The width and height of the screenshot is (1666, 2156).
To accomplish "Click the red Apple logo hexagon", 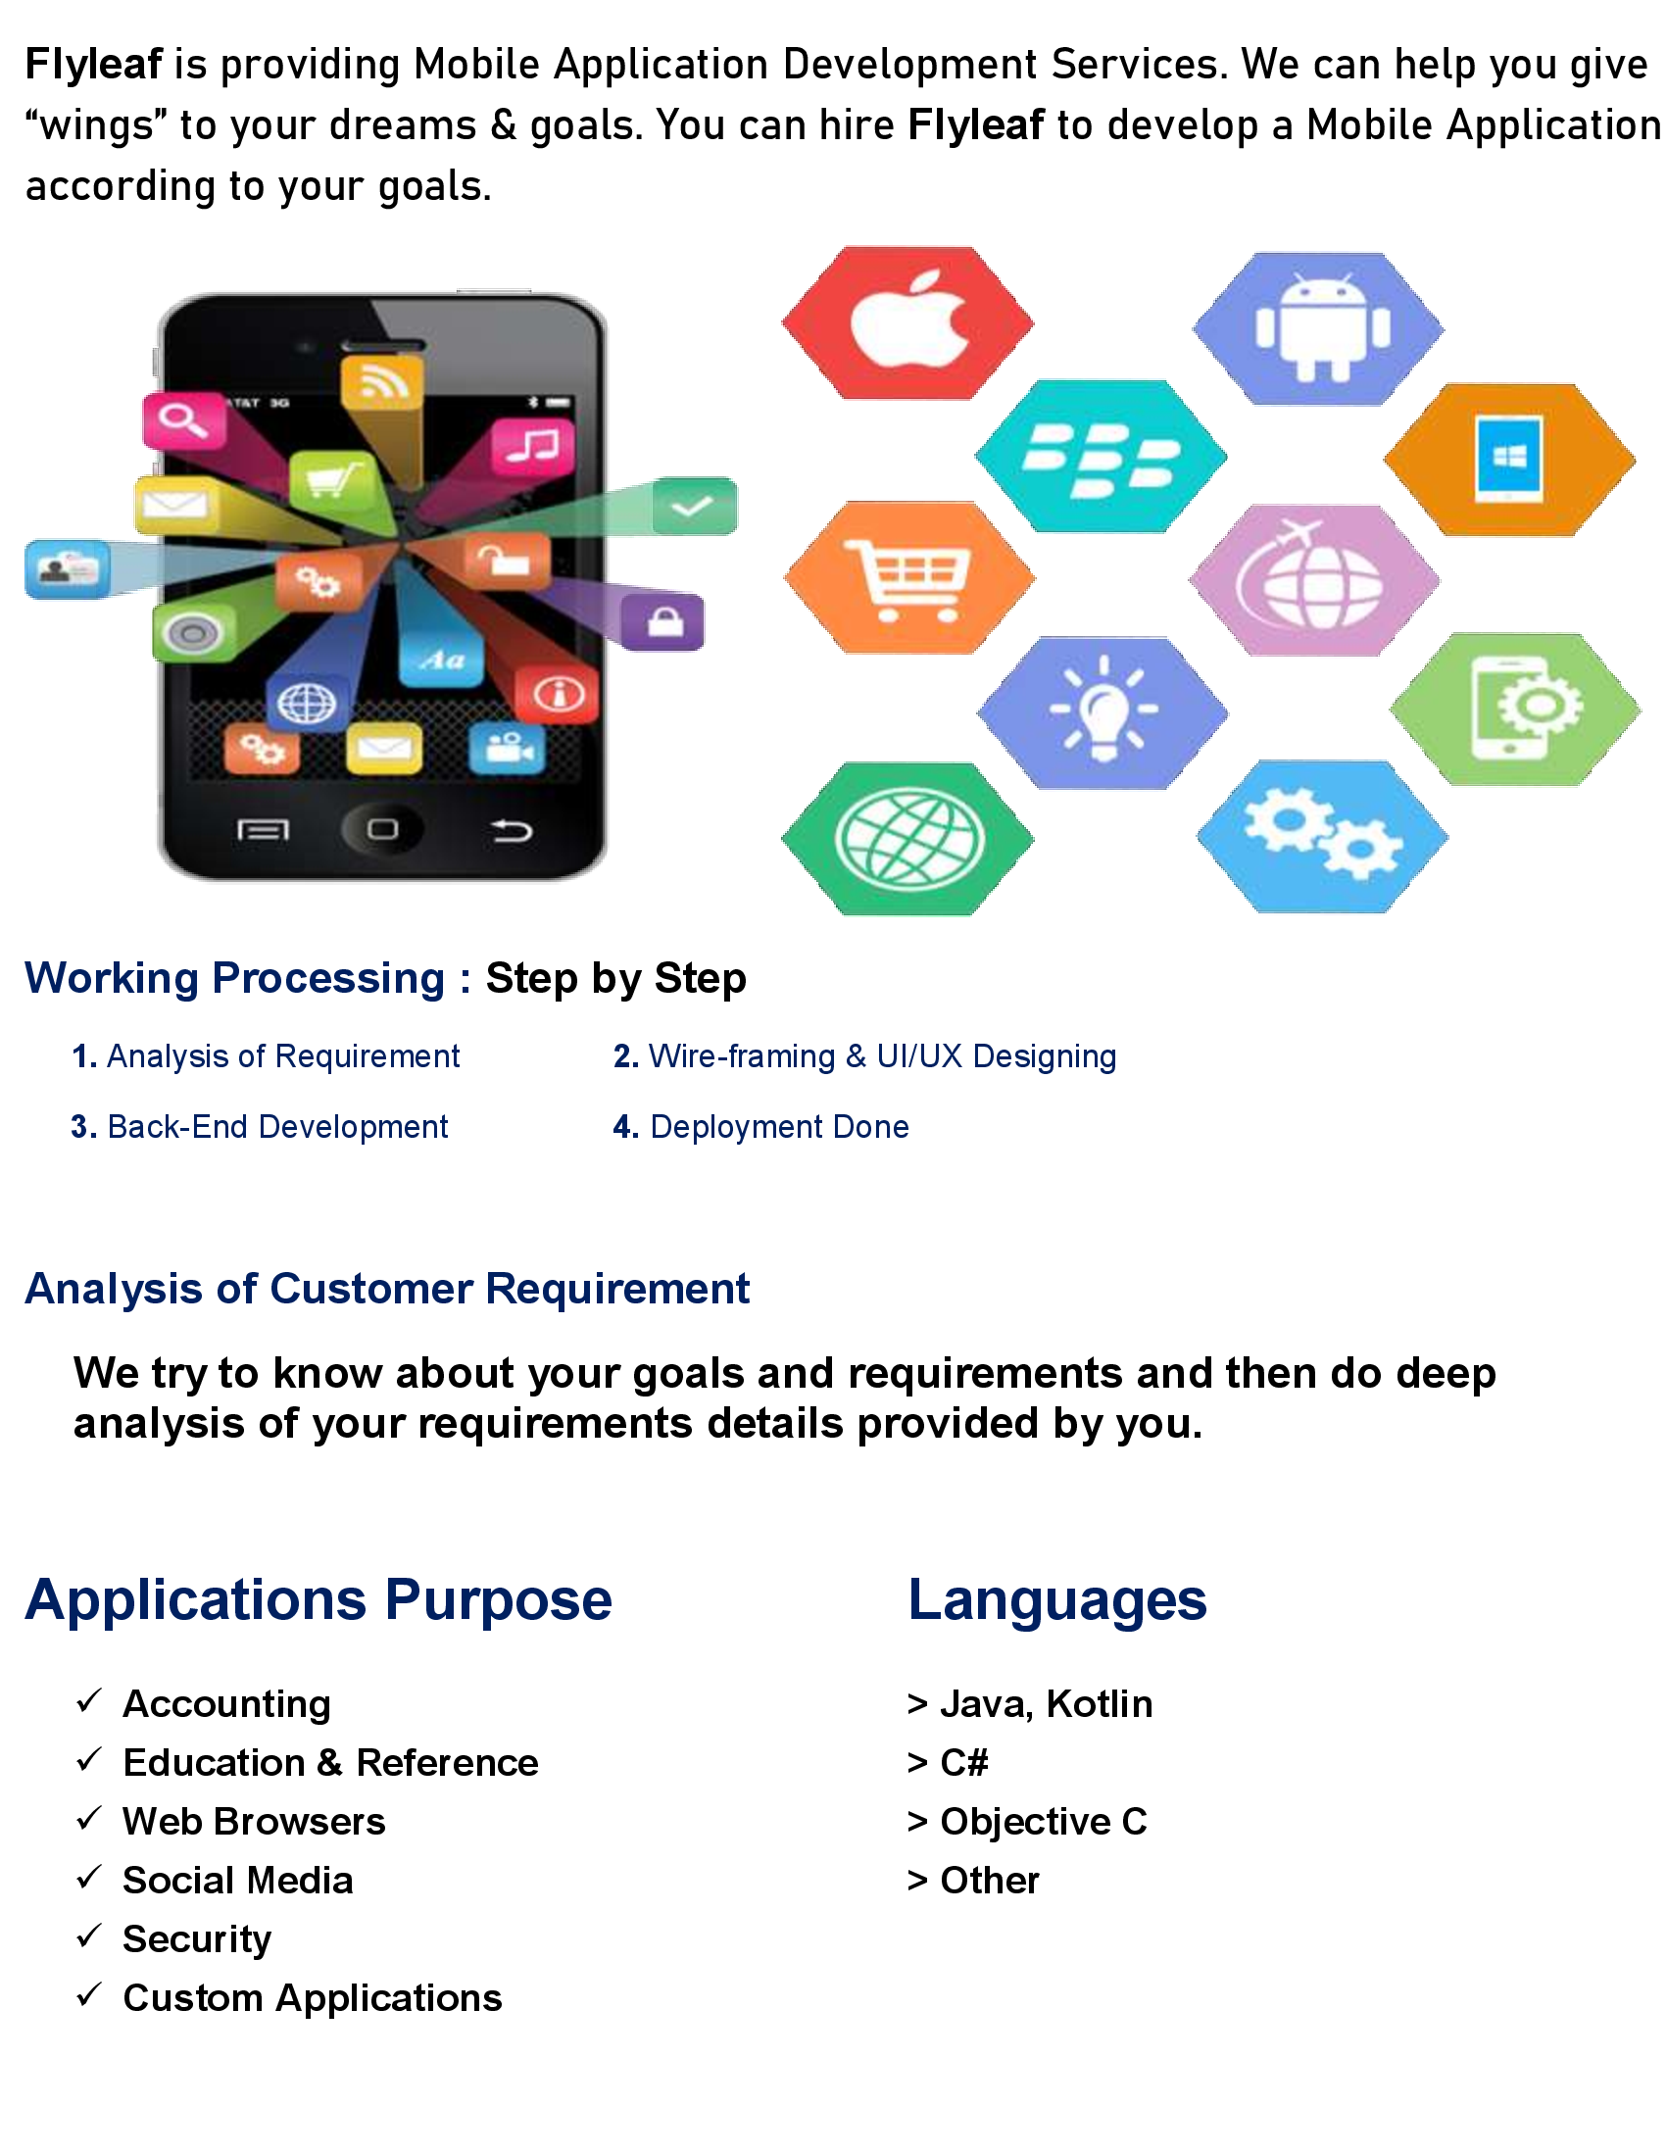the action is pos(907,322).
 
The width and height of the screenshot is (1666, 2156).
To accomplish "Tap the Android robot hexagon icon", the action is pos(1317,328).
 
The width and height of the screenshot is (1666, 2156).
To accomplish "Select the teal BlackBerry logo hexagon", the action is pos(1101,456).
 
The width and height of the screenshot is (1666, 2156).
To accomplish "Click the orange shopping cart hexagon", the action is pos(909,577).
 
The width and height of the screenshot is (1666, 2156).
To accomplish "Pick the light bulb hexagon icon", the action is pos(1102,712).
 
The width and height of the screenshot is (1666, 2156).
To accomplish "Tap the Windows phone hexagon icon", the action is pos(1509,460).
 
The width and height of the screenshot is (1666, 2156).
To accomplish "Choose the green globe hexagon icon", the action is pos(907,839).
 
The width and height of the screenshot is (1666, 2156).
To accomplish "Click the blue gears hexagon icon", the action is pos(1322,836).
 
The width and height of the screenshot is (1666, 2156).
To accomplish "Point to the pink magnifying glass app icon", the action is pos(184,420).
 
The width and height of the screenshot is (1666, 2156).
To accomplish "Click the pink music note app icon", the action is pos(533,446).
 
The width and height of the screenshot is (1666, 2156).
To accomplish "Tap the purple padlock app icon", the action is pos(663,622).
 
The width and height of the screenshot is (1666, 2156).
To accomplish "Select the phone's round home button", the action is pos(382,829).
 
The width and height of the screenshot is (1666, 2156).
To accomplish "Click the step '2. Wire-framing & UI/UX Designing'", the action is pos(864,1056).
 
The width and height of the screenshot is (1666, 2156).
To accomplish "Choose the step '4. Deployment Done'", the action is pos(760,1126).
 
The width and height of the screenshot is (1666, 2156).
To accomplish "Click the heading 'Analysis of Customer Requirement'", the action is pos(387,1289).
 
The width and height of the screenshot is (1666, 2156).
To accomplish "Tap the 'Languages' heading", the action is pos(1057,1600).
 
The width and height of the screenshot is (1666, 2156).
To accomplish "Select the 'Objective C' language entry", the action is pos(1044,1822).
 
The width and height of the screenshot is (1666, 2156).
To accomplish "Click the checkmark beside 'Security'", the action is pos(89,1935).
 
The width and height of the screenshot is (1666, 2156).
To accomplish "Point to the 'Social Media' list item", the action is pos(238,1881).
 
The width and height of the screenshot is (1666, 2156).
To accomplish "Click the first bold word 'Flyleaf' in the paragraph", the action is pos(94,65).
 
